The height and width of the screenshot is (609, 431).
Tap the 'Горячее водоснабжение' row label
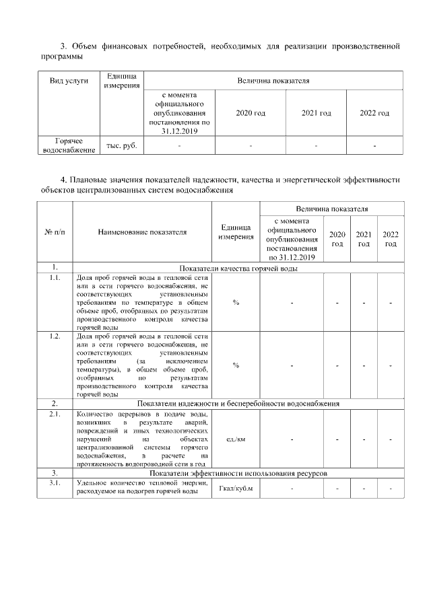point(69,146)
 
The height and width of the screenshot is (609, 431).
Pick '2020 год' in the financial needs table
point(250,113)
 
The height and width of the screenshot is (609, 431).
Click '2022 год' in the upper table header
point(374,113)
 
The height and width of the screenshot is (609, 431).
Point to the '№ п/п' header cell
point(54,232)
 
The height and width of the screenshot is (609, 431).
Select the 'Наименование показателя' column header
point(142,232)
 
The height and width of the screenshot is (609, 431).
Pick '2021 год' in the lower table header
point(364,238)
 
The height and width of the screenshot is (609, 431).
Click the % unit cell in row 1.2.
point(236,365)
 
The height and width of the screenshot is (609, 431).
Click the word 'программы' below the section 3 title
point(60,57)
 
